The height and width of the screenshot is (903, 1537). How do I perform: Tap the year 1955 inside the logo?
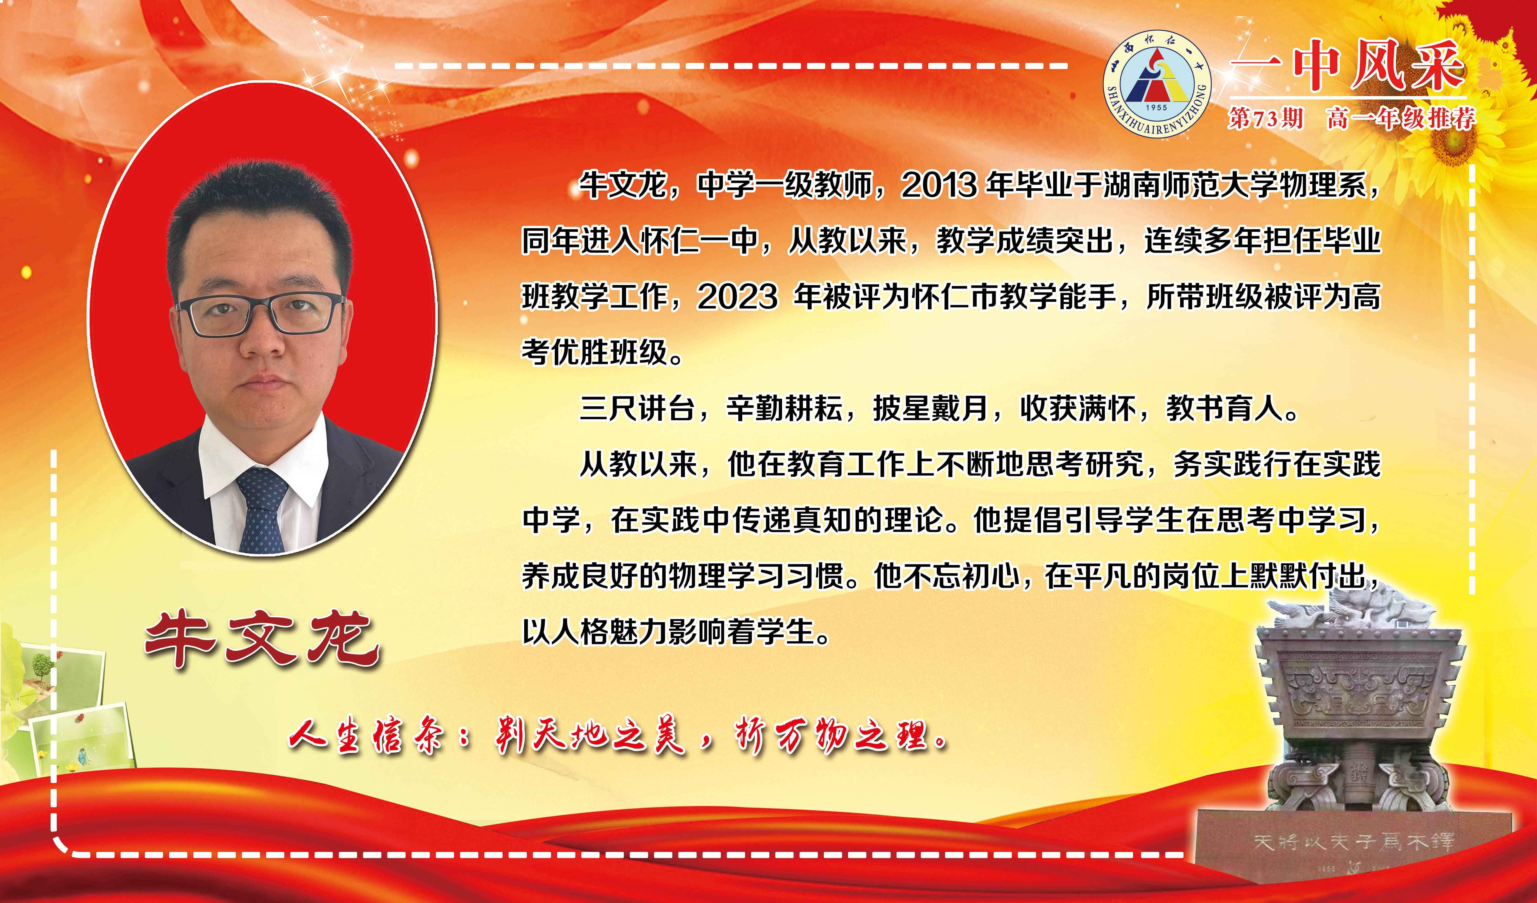(1156, 107)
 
